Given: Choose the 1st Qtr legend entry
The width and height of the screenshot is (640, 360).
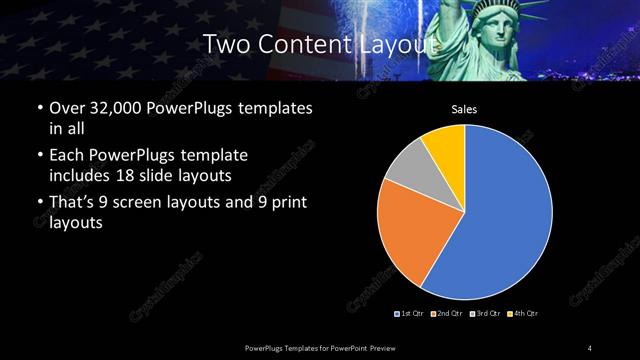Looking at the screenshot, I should [413, 314].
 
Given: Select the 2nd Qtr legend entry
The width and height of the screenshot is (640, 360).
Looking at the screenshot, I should [449, 314].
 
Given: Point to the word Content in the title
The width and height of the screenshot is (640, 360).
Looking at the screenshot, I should [303, 44].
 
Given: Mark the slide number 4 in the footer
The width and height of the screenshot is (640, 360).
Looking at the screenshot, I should [589, 347].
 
